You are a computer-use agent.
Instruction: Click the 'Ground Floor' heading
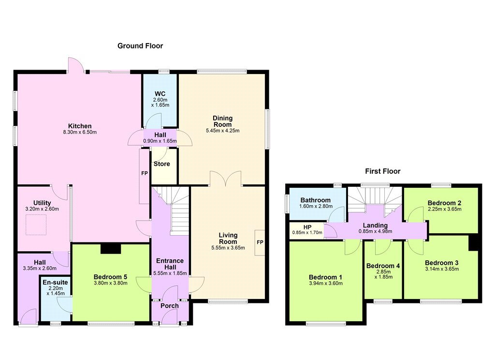(140, 46)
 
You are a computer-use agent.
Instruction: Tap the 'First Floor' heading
(383, 171)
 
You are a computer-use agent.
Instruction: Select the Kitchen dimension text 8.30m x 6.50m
(80, 132)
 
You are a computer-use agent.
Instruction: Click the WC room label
(160, 94)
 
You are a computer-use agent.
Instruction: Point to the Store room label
(161, 164)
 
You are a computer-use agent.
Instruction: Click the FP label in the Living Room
(260, 242)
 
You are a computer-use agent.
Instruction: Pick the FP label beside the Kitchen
(144, 174)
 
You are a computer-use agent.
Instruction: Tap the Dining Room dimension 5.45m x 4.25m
(222, 131)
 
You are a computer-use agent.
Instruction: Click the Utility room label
(42, 203)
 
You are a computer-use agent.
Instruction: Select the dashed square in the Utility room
(36, 225)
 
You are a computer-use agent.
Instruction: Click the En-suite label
(55, 282)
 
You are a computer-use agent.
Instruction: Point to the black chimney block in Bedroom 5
(111, 248)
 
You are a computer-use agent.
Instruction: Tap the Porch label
(170, 306)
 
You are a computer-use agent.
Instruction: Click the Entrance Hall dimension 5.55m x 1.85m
(170, 273)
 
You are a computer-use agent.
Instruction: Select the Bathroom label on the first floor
(315, 200)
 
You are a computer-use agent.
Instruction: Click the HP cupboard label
(307, 227)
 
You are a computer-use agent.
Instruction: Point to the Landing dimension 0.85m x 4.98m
(375, 231)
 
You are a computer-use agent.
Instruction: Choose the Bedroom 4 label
(383, 266)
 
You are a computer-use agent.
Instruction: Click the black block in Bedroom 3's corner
(474, 243)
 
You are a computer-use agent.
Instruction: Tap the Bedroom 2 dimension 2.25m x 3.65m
(445, 209)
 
